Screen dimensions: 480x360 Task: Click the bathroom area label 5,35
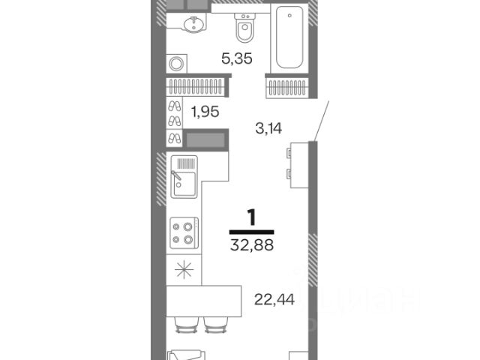(237, 58)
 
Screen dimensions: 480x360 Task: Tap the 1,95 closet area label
(205, 112)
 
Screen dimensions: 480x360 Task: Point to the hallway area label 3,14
(268, 128)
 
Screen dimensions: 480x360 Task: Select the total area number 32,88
(252, 245)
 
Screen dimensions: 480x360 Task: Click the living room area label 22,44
(274, 299)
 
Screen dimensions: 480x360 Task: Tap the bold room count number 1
(252, 217)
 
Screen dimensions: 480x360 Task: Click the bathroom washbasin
(193, 24)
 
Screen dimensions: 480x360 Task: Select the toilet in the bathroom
(244, 28)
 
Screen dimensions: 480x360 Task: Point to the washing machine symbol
(177, 64)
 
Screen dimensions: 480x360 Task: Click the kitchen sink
(184, 177)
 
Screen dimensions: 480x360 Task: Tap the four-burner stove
(184, 232)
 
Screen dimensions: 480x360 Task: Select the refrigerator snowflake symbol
(184, 270)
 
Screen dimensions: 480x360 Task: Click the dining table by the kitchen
(204, 301)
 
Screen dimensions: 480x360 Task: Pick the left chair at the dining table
(185, 325)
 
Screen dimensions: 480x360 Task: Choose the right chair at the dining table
(216, 325)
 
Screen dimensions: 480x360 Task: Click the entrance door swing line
(321, 121)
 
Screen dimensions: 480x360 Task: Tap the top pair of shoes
(175, 106)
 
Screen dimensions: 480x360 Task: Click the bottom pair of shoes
(175, 138)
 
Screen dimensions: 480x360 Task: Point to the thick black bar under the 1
(252, 232)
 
